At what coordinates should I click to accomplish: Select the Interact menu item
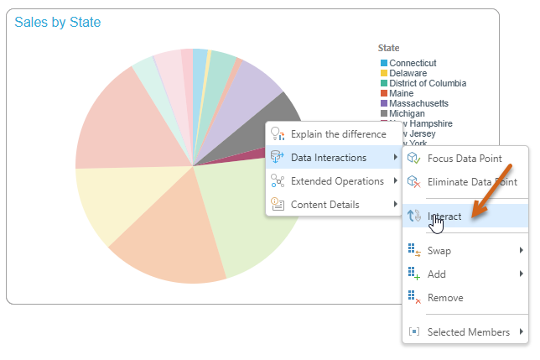pyautogui.click(x=444, y=217)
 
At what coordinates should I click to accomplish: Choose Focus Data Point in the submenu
pyautogui.click(x=465, y=158)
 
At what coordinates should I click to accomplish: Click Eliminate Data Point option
pyautogui.click(x=472, y=181)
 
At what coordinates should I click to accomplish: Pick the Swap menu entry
pyautogui.click(x=439, y=250)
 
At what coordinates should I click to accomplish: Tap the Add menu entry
pyautogui.click(x=437, y=274)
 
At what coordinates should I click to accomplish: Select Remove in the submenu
pyautogui.click(x=445, y=297)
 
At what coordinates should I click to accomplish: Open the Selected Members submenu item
pyautogui.click(x=468, y=331)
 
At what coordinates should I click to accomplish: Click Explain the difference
pyautogui.click(x=338, y=133)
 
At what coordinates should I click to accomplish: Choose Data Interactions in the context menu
pyautogui.click(x=328, y=157)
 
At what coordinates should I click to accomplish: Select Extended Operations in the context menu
pyautogui.click(x=337, y=180)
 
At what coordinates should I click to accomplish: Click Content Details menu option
pyautogui.click(x=325, y=204)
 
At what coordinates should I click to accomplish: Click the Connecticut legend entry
pyautogui.click(x=413, y=63)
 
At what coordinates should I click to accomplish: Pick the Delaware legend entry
pyautogui.click(x=408, y=73)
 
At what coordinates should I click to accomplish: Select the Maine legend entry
pyautogui.click(x=402, y=93)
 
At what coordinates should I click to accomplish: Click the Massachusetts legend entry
pyautogui.click(x=418, y=103)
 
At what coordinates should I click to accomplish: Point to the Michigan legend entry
pyautogui.click(x=407, y=113)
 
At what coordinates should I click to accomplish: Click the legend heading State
pyautogui.click(x=389, y=48)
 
